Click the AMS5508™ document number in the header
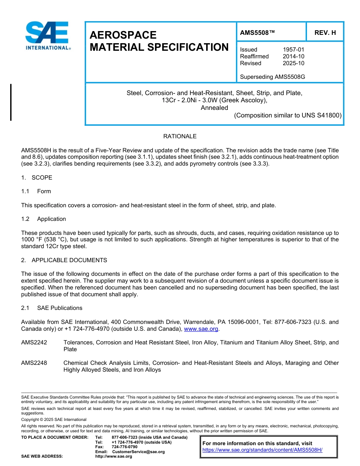click(x=257, y=33)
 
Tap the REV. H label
click(x=325, y=33)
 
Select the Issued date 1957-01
click(x=293, y=50)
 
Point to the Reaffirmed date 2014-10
click(x=293, y=56)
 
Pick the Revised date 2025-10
click(x=293, y=63)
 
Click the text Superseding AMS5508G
click(x=272, y=77)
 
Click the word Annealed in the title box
click(x=214, y=108)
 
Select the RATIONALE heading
click(x=180, y=136)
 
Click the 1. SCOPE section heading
click(x=37, y=178)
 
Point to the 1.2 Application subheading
click(x=44, y=219)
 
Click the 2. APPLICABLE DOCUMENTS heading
click(x=64, y=260)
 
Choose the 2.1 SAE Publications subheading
click(x=52, y=308)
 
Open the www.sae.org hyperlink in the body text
click(x=201, y=329)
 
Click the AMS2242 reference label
click(x=34, y=342)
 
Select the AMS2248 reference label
click(x=34, y=363)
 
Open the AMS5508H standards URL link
click(x=262, y=450)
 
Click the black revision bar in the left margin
click(x=11, y=102)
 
